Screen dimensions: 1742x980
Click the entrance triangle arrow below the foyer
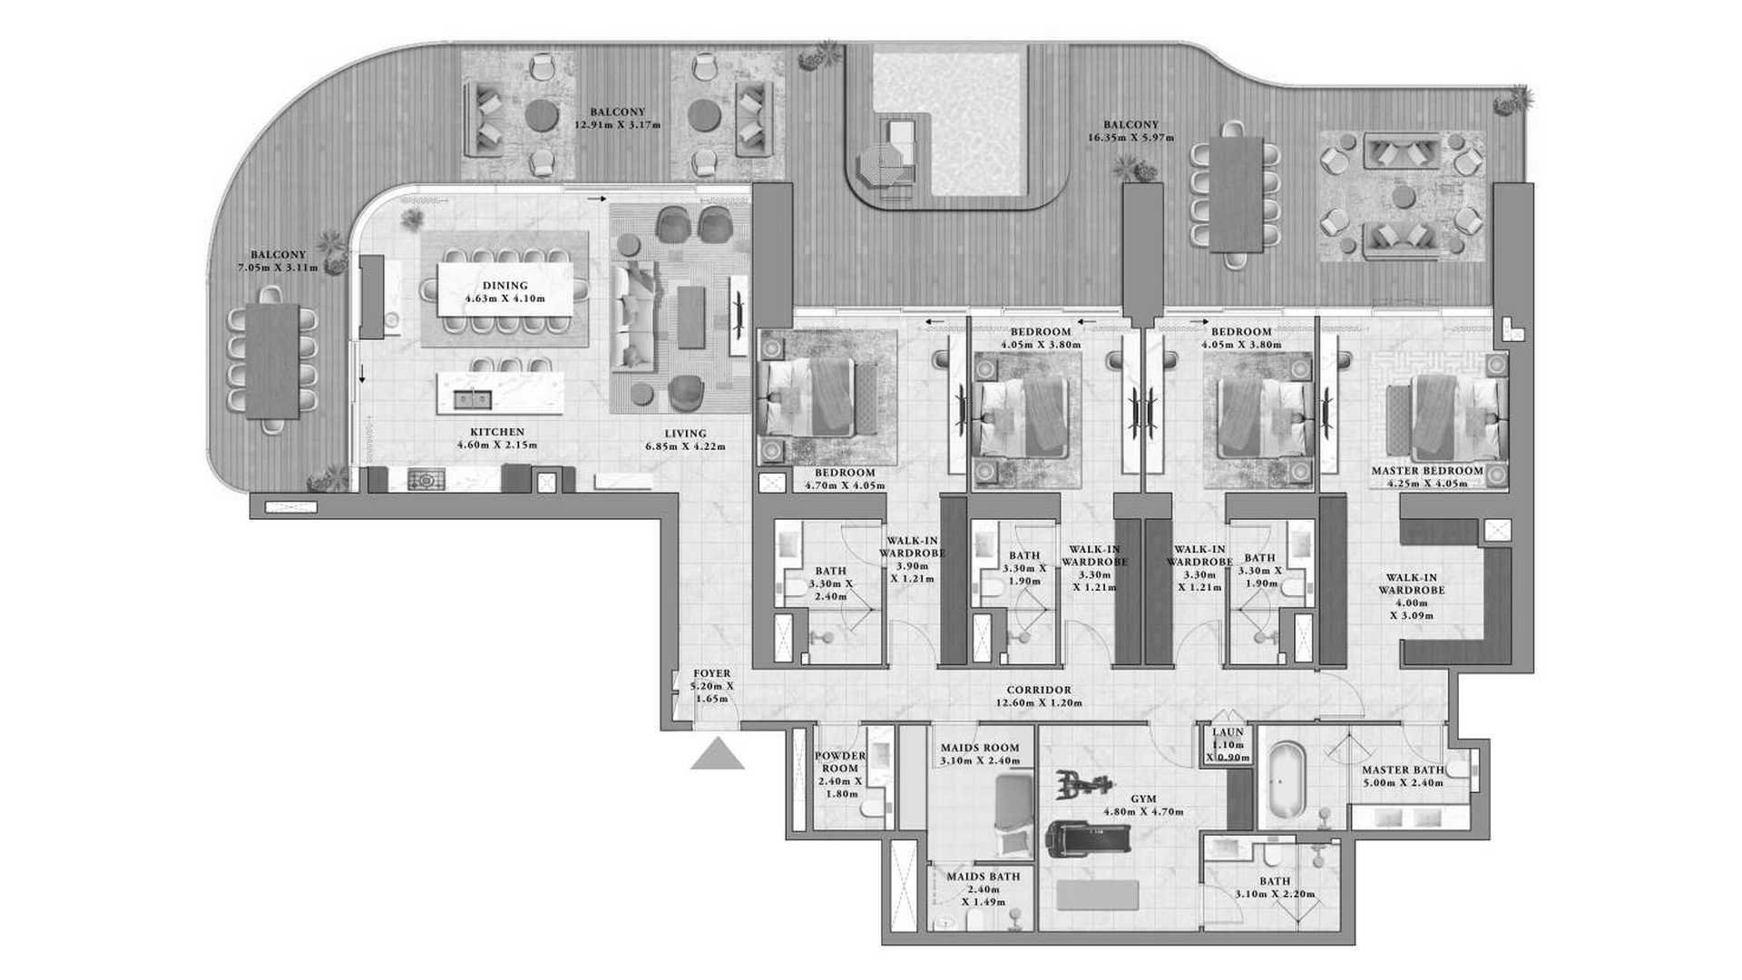[718, 755]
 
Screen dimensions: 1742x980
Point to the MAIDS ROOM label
[980, 749]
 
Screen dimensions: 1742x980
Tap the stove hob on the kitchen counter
[426, 478]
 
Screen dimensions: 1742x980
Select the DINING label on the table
[504, 286]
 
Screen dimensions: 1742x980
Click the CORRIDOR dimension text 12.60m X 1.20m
[1039, 703]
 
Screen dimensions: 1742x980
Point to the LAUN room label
[1228, 732]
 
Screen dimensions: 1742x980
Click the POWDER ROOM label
[840, 761]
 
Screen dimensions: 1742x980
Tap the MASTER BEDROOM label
[1427, 471]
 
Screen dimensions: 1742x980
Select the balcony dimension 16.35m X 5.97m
[1130, 138]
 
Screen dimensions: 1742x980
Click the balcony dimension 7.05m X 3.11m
[279, 268]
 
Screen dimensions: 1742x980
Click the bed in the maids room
[1013, 816]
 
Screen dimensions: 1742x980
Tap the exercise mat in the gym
[1097, 895]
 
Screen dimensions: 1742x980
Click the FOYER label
[711, 674]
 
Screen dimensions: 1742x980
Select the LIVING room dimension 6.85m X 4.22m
[685, 446]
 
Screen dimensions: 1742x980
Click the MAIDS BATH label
[983, 877]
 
